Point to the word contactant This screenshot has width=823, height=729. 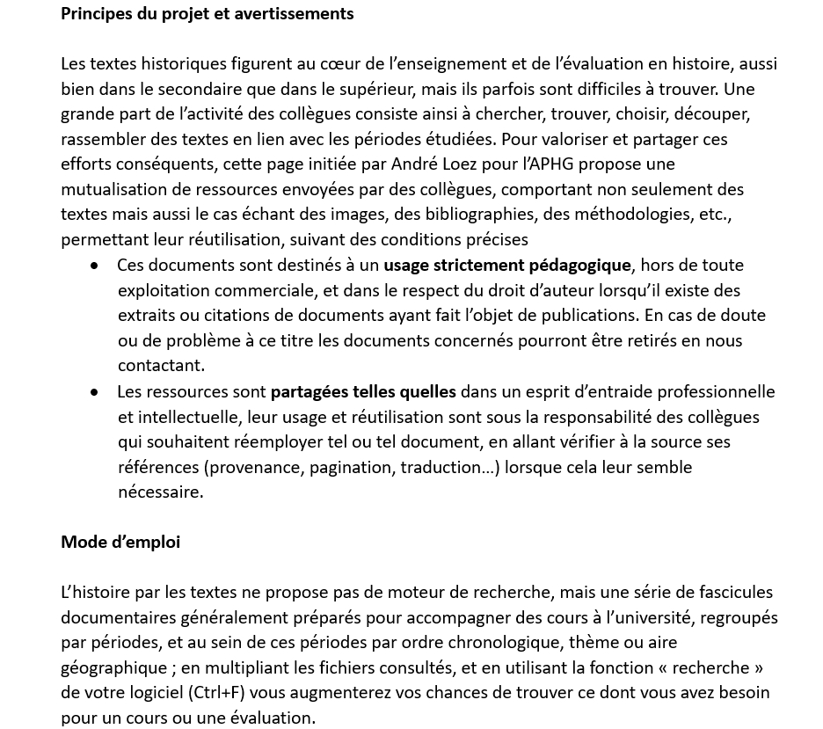pos(161,365)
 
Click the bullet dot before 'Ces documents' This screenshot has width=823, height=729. pos(94,266)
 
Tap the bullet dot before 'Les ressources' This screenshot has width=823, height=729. pos(94,392)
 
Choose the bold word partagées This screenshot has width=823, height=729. pos(309,391)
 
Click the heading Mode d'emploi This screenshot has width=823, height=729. pos(120,542)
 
